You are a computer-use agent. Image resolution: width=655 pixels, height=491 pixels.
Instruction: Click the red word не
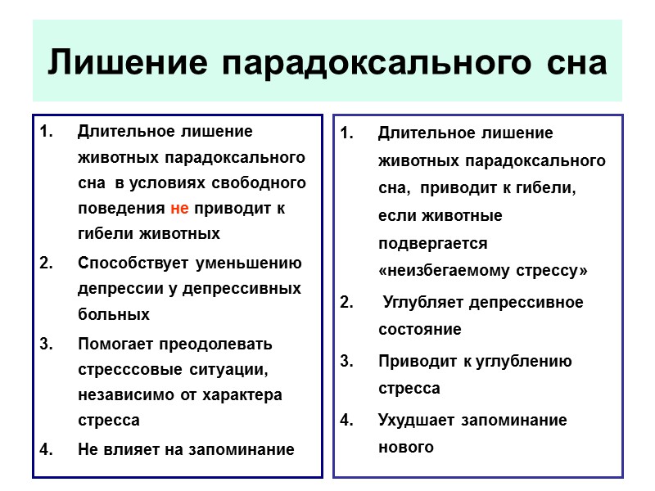[x=181, y=208]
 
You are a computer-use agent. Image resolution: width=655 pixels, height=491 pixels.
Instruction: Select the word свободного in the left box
[x=264, y=182]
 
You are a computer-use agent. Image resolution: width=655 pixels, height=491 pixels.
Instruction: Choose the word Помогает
[x=117, y=344]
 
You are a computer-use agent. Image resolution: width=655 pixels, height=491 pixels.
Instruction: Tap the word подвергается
[x=432, y=244]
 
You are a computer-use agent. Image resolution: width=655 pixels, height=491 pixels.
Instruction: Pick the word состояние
[x=419, y=330]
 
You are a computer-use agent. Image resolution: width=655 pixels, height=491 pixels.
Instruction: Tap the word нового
[x=405, y=447]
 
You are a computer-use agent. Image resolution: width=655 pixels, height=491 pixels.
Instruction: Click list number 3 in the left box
[x=46, y=344]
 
